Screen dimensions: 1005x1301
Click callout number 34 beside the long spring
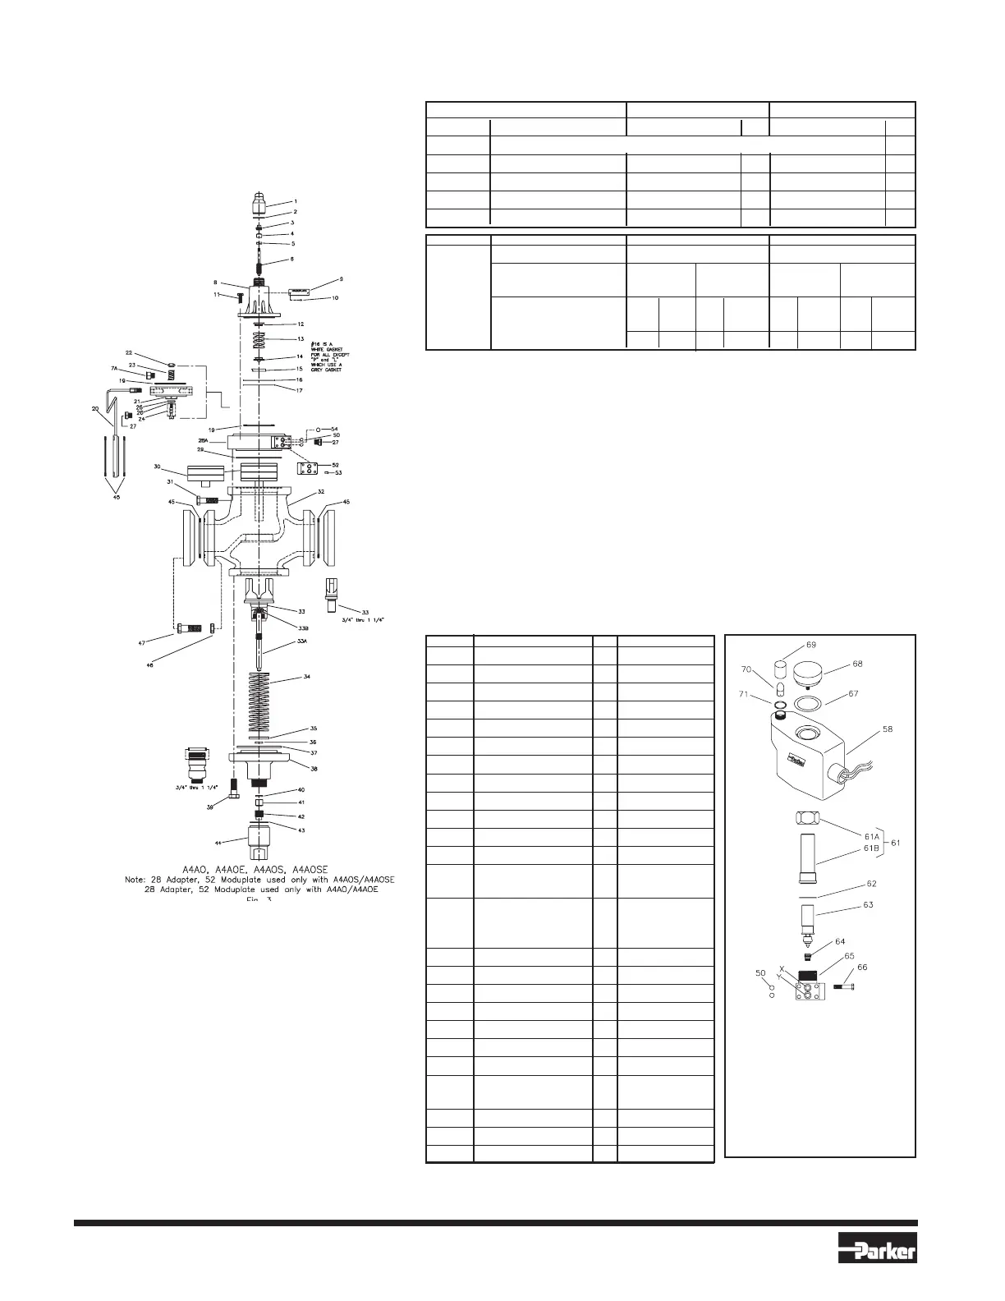306,678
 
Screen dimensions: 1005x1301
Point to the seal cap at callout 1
260,201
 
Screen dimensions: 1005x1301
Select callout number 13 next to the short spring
301,338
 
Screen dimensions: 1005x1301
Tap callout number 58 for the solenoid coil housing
888,729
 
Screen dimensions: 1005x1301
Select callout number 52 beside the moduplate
335,465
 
